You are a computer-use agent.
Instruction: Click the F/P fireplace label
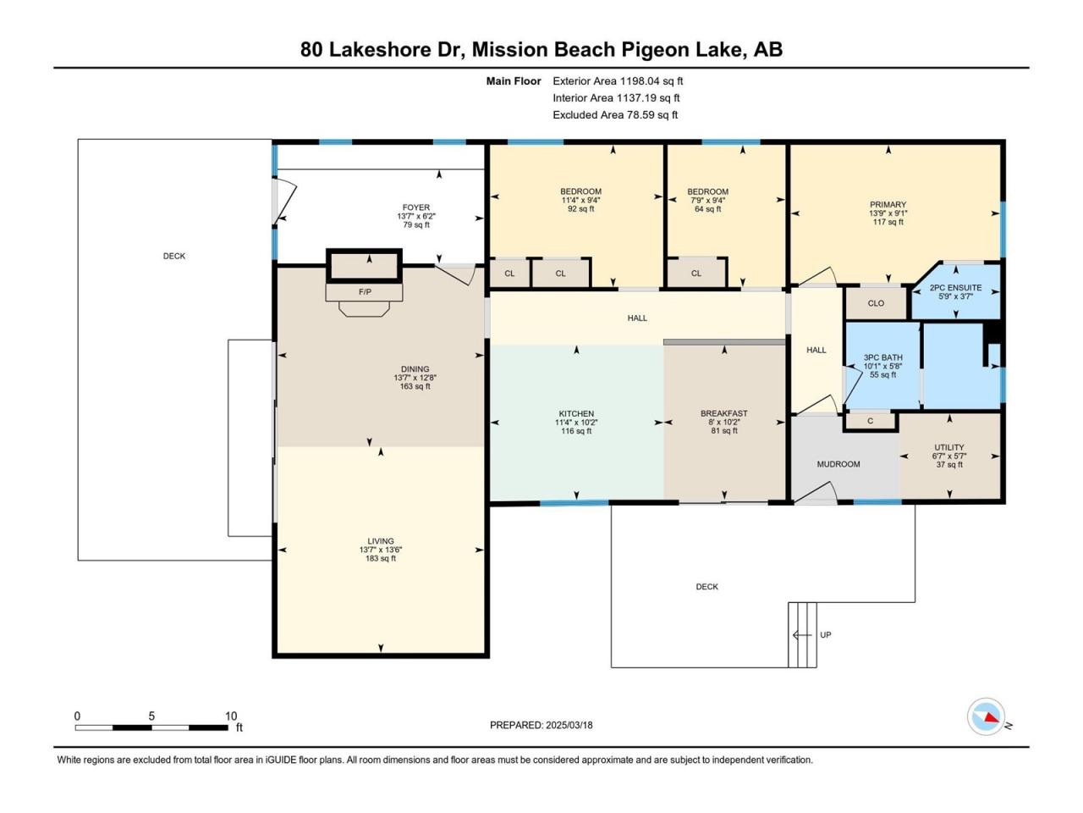coord(365,292)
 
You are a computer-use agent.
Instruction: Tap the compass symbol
coord(986,716)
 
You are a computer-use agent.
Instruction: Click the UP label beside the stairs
coord(826,635)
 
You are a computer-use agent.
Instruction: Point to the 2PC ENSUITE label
coord(956,288)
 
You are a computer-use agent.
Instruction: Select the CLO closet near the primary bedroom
coord(876,303)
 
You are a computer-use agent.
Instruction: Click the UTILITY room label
coord(949,448)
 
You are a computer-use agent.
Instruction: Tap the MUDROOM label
coord(838,464)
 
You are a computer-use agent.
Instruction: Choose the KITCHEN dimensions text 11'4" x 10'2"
coord(576,423)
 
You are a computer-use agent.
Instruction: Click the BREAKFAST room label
coord(723,413)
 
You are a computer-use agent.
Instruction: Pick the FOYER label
coord(416,207)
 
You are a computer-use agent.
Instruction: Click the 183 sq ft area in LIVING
coord(381,559)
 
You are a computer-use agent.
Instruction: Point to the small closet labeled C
coord(871,421)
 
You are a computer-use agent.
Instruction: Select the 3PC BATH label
coord(882,358)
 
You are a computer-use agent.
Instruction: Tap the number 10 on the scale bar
coord(231,716)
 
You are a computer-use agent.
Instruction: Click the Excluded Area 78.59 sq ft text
coord(615,115)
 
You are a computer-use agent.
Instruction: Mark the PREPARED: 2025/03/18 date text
coord(541,726)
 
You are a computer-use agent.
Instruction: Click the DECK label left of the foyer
coord(174,257)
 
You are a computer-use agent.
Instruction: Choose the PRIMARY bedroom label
coord(888,205)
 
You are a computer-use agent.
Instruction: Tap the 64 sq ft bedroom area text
coord(707,209)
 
